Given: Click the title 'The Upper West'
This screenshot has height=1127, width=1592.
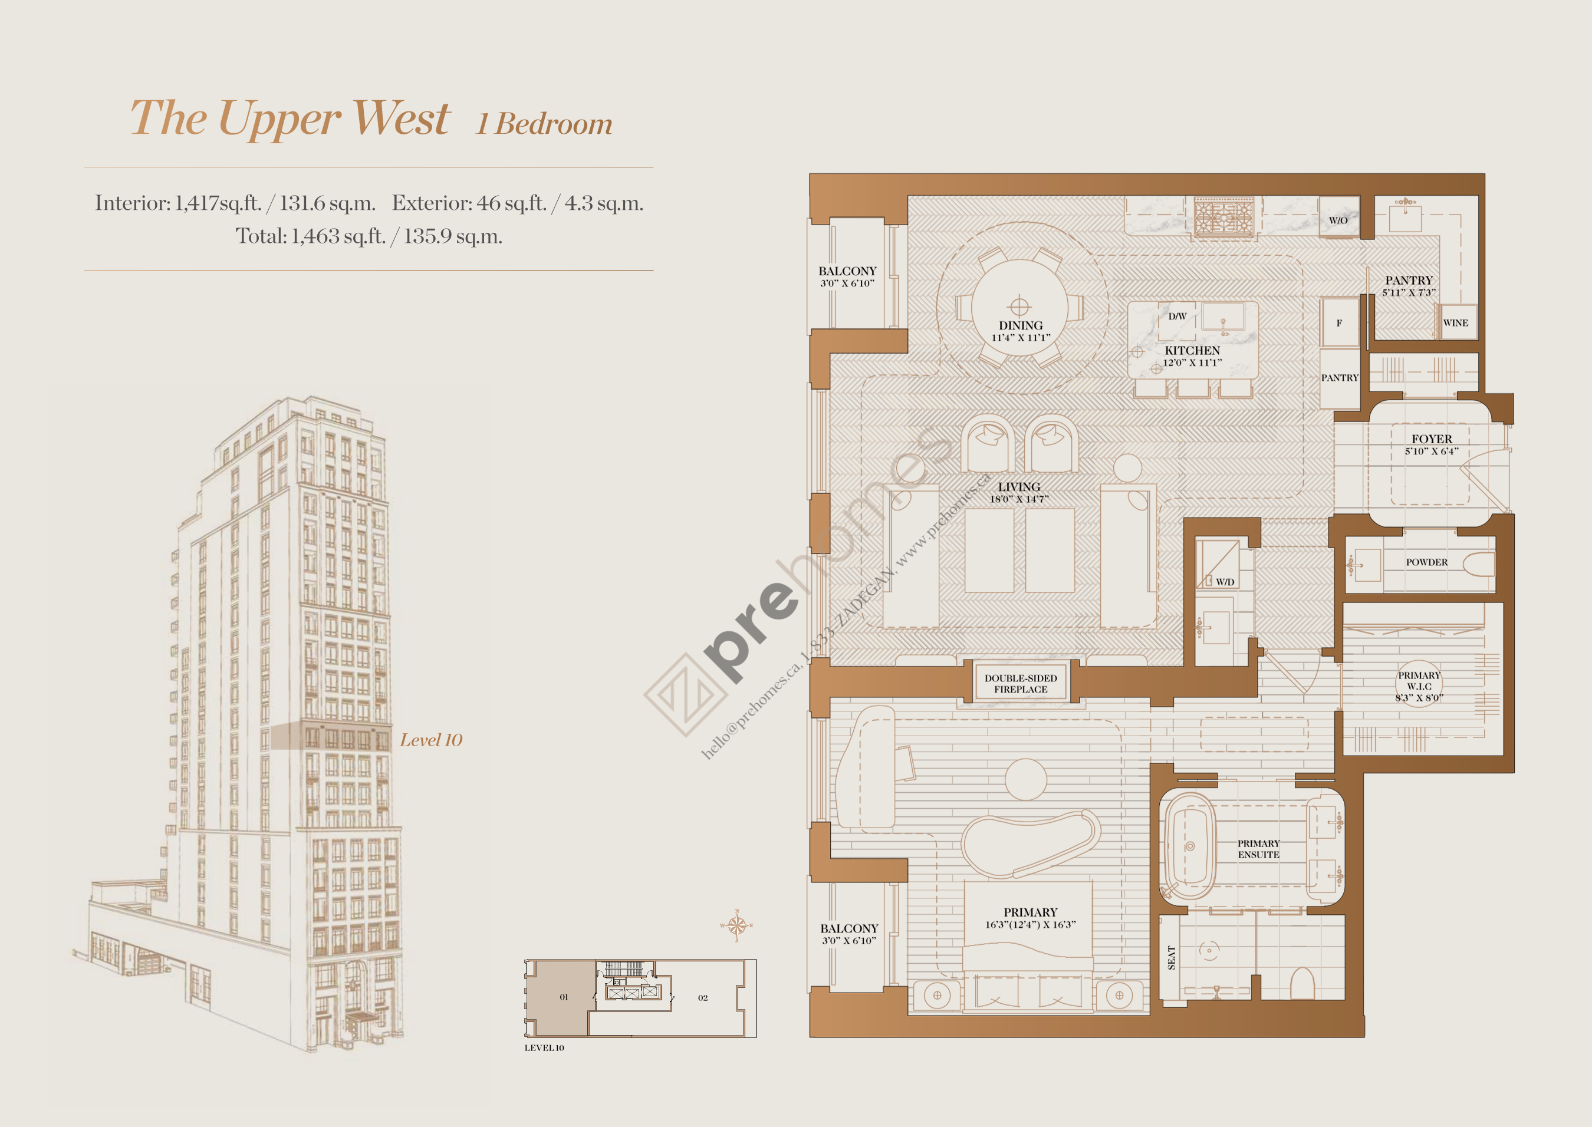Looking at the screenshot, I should (x=290, y=118).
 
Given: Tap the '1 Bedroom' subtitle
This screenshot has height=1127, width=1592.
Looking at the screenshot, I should (x=544, y=124).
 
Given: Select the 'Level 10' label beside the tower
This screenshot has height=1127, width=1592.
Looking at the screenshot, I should (x=430, y=740).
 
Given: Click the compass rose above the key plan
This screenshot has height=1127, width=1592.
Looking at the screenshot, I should (x=736, y=925).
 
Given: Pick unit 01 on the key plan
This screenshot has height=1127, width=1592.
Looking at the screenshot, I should (x=564, y=997).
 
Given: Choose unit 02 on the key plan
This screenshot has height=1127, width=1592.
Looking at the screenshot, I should (x=702, y=998).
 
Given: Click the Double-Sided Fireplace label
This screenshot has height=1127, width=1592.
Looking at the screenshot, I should (x=1020, y=684).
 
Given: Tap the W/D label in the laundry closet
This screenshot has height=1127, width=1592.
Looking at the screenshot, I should (x=1225, y=582).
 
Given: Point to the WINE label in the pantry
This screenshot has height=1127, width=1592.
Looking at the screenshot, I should (x=1455, y=322).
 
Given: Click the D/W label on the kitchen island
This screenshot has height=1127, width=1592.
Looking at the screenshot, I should (x=1177, y=317).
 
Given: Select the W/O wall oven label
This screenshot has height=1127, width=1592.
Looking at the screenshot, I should (x=1338, y=220).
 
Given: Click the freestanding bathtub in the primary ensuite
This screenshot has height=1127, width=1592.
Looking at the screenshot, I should (x=1189, y=846).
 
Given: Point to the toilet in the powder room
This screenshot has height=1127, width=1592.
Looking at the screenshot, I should (x=1479, y=563).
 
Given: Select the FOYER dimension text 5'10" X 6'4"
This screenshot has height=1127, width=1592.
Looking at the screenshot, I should (x=1431, y=451).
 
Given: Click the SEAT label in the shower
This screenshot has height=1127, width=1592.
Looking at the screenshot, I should (x=1172, y=957).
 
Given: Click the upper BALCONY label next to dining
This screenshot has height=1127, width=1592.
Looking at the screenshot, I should (x=847, y=271).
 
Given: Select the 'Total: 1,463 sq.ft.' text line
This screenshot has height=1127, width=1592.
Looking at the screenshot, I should (x=369, y=236).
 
